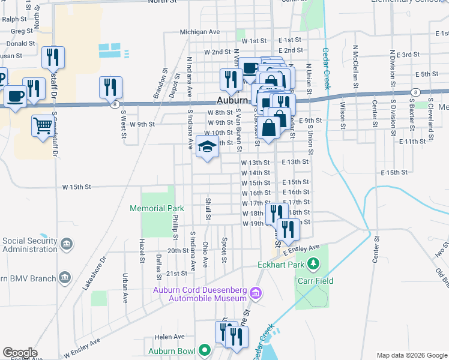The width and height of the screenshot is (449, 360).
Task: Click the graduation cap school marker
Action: click(208, 146)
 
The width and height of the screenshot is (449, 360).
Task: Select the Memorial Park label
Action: click(157, 208)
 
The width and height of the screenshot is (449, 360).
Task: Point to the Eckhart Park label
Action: click(279, 264)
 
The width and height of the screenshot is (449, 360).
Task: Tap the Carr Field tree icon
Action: click(313, 264)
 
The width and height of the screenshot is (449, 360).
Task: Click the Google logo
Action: click(20, 353)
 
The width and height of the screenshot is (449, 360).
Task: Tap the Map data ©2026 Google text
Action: click(411, 355)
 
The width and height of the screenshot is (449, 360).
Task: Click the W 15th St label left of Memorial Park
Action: click(76, 187)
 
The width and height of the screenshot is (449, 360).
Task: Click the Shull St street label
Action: click(208, 209)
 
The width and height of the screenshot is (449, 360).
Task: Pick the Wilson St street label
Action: click(343, 111)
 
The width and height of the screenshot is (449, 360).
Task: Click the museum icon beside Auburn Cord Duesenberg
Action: click(256, 293)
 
